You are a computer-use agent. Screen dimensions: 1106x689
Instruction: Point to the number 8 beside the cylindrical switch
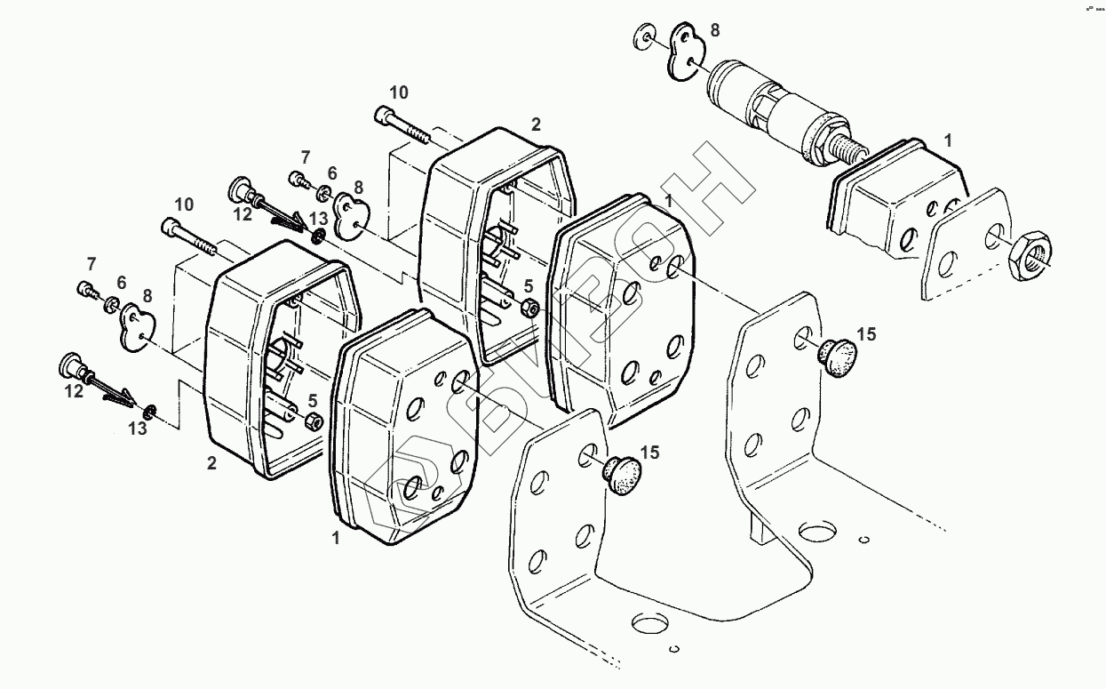tap(715, 30)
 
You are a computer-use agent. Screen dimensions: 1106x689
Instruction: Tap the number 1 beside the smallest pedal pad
tap(948, 140)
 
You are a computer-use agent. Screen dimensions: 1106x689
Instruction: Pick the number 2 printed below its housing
tap(211, 463)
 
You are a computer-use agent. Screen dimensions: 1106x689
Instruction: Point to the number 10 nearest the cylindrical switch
tap(399, 92)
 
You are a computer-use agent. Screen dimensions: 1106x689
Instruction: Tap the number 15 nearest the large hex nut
tap(866, 334)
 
